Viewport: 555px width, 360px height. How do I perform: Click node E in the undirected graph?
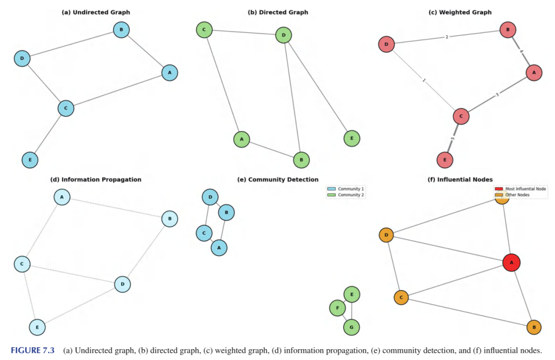point(30,160)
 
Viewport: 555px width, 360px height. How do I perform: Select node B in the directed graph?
point(302,160)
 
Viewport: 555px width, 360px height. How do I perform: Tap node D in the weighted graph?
point(386,45)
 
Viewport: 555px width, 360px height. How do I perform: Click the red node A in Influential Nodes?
point(511,262)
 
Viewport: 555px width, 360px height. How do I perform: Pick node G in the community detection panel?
point(351,327)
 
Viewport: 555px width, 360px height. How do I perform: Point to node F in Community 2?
point(337,308)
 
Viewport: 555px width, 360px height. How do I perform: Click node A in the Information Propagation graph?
point(62,197)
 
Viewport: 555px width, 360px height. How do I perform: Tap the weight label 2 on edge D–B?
point(447,37)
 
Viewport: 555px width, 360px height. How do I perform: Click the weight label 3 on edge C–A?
point(497,95)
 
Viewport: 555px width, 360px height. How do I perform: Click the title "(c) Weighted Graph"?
point(460,12)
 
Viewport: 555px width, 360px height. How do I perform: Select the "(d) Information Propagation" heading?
point(96,179)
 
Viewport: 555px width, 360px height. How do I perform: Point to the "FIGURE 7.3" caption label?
point(32,351)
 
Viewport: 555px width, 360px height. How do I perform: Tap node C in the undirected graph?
point(66,108)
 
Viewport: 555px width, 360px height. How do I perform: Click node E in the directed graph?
point(351,138)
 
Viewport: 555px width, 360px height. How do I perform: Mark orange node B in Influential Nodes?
point(534,327)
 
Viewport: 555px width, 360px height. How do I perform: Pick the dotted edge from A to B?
point(116,208)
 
